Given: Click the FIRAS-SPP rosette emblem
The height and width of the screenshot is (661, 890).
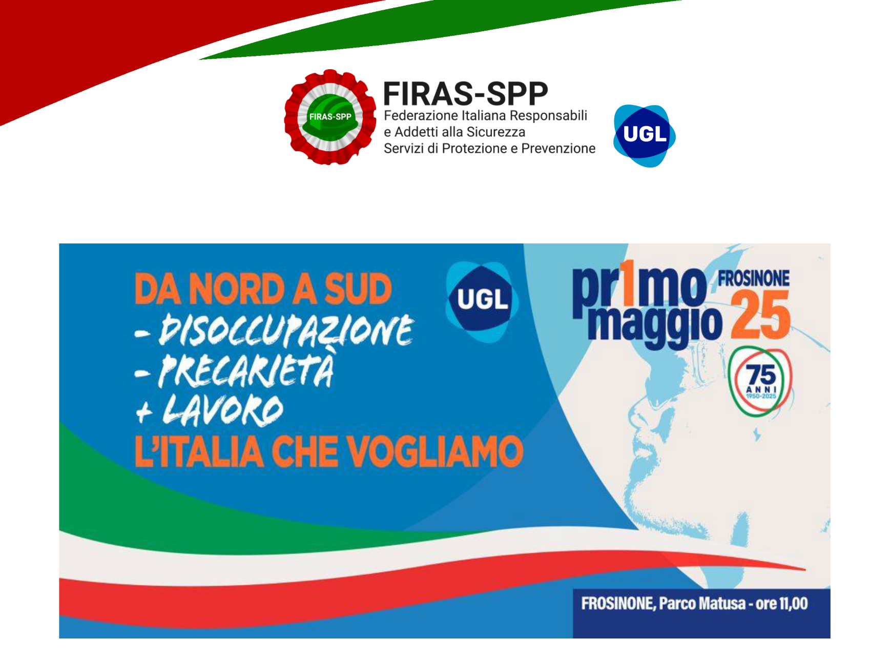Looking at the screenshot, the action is tap(330, 117).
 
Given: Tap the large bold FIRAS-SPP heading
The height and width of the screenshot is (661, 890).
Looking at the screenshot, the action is tap(465, 94).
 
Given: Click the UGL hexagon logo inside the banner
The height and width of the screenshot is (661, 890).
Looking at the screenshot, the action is tap(482, 301).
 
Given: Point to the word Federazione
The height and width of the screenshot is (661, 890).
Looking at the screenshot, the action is tap(419, 116).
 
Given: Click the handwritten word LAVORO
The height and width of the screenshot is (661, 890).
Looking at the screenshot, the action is tap(223, 410).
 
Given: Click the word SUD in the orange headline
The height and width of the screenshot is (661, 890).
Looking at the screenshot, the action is tap(358, 289).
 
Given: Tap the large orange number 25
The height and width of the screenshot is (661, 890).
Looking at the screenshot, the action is tap(761, 315).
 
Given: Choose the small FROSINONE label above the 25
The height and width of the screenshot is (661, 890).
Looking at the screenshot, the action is tap(753, 278).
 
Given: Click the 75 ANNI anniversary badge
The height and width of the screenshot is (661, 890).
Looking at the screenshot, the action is tap(760, 381).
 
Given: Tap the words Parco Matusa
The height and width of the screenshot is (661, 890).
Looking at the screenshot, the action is tap(702, 604).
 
